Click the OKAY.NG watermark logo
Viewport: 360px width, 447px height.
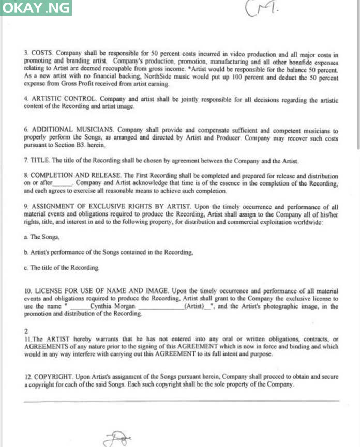[36, 8]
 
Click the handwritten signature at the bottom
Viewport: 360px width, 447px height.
[118, 439]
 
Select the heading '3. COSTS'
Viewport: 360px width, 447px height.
[38, 53]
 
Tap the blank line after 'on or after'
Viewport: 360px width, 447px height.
[63, 184]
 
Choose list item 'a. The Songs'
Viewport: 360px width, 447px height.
[42, 237]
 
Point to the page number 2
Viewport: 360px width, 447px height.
[26, 330]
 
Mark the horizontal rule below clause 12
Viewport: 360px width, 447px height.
[181, 400]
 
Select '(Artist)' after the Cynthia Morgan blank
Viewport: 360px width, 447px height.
[194, 306]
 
